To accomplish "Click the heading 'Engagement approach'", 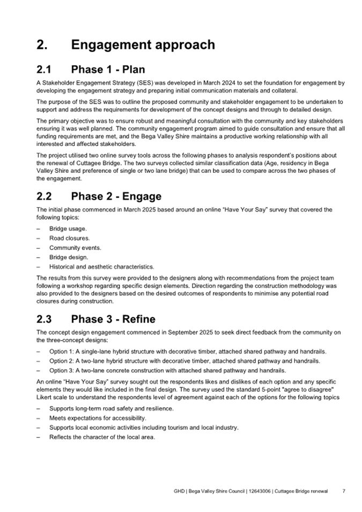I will pos(143,45).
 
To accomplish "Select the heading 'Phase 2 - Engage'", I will pos(116,196).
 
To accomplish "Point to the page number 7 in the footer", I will pos(344,491).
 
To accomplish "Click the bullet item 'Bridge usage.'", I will pos(68,229).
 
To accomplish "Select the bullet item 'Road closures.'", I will pos(70,238).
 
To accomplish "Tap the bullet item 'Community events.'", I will pos(75,247).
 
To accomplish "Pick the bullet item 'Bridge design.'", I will pos(69,257).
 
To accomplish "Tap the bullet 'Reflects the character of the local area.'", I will pos(102,437).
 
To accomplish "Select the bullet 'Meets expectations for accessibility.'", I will pos(98,418).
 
